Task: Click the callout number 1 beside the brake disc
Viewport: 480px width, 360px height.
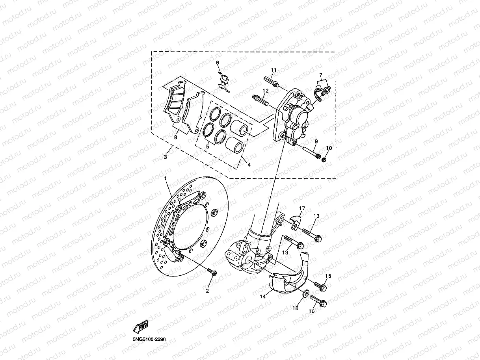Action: (166, 179)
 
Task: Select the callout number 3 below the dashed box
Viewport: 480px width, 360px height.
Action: (166, 157)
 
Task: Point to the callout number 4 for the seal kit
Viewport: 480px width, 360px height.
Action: (249, 165)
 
